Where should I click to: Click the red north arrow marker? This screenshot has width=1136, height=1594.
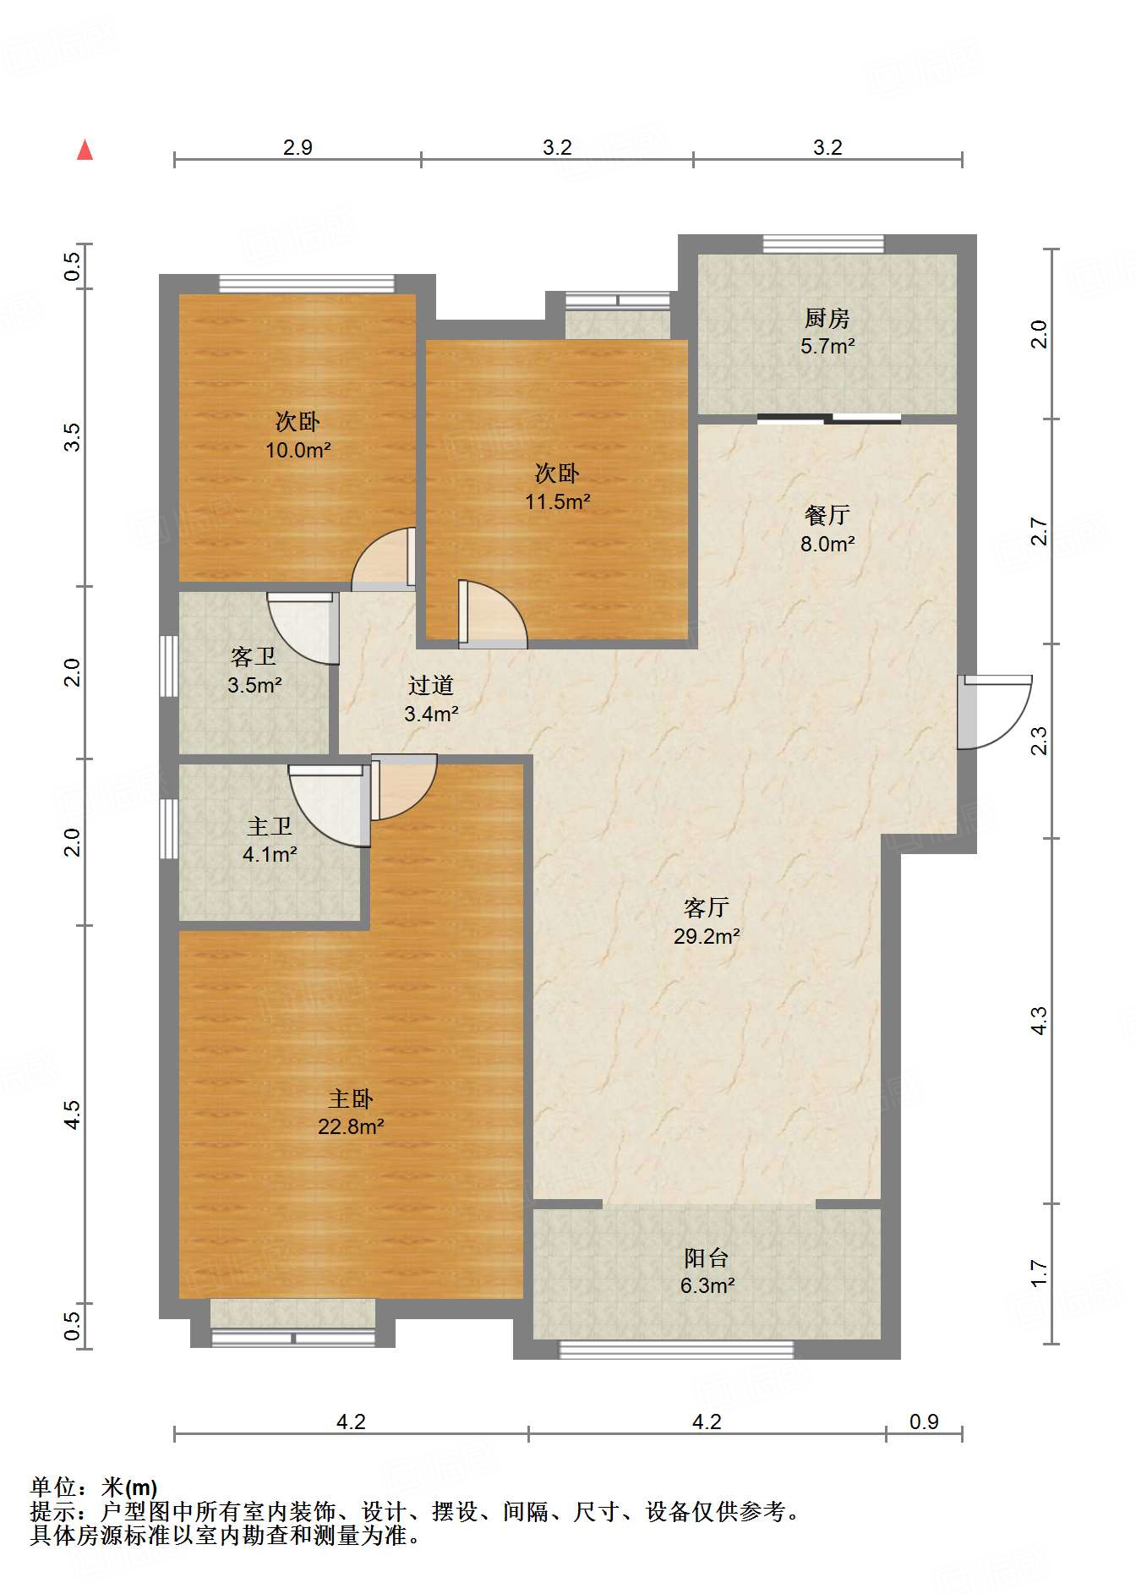point(85,150)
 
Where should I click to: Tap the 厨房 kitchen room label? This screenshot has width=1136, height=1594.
point(827,318)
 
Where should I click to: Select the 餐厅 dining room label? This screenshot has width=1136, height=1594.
point(827,515)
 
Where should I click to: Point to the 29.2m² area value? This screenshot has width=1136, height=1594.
point(707,936)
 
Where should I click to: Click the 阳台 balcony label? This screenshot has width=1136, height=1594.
point(707,1257)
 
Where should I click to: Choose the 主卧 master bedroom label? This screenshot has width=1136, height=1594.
point(351,1098)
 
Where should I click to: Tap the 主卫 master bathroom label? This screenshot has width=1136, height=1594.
point(270,826)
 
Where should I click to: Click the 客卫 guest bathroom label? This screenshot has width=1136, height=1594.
point(254,656)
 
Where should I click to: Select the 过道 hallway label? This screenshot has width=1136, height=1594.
point(431,685)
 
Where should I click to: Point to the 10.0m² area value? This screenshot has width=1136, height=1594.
point(298,450)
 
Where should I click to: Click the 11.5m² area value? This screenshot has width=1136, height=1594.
point(557,501)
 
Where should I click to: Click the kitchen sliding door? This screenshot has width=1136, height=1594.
point(829,418)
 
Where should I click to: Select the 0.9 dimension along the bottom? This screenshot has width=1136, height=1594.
point(924,1421)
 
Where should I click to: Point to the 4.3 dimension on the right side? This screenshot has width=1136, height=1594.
point(1039,1021)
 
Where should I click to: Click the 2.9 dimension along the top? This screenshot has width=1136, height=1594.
point(298,147)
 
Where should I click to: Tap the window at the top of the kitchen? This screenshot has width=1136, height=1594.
point(823,244)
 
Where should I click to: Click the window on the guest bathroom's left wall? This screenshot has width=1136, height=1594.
point(169,666)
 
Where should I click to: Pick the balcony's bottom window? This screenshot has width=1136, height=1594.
point(677,1350)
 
